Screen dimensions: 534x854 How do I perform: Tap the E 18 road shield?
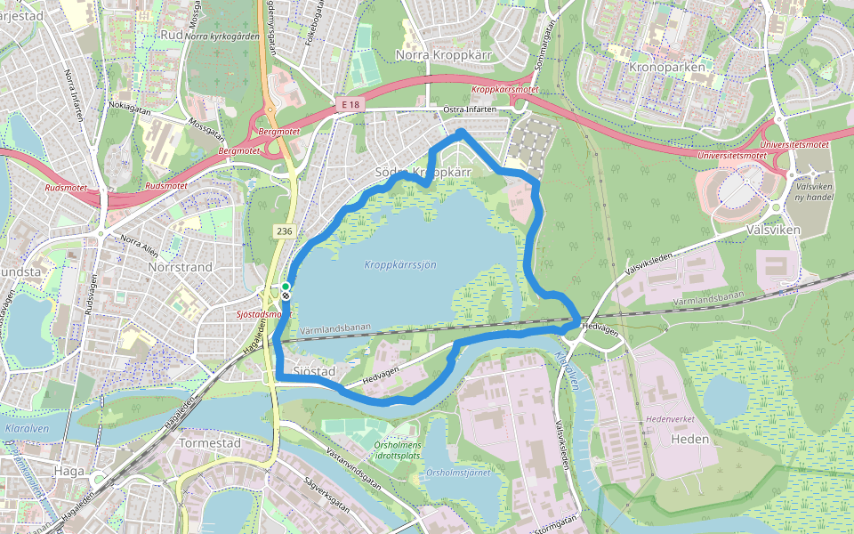pos(353,105)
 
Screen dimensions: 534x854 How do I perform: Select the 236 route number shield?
pos(283,231)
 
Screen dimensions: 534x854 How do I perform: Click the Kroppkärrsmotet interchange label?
pos(504,90)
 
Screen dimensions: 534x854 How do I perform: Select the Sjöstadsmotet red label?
pos(265,315)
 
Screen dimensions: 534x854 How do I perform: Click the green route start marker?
pos(286,287)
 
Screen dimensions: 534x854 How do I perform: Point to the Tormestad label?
pos(210,442)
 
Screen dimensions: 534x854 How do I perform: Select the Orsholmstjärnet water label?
pos(458,473)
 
